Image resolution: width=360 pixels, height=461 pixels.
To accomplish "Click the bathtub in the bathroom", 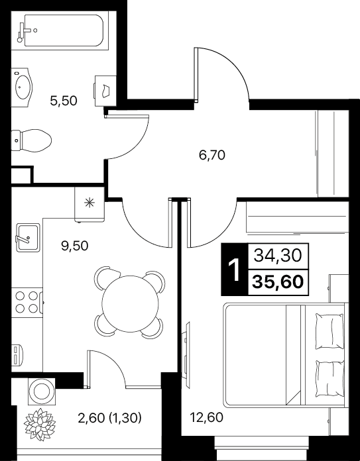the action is coord(60,31).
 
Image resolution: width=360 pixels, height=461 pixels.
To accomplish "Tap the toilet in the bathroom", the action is coord(31,140).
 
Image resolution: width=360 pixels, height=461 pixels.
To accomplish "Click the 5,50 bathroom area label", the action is coord(64,101).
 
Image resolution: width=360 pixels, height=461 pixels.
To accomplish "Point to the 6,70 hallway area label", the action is coord(212,155).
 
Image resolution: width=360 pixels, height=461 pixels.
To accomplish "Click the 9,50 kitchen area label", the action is coord(75,246).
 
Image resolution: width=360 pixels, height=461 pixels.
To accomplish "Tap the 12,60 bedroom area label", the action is coord(206,417).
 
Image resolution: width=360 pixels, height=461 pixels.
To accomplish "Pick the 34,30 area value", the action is coord(278,256).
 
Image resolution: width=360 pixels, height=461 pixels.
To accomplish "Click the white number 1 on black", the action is coord(235,270).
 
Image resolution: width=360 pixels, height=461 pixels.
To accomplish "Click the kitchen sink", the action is coord(28,238).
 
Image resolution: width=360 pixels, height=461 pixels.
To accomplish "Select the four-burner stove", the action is coord(27,302).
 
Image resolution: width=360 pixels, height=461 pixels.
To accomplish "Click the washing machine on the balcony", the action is coord(41,391).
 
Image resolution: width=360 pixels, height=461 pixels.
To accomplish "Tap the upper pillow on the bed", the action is coord(330,331).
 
